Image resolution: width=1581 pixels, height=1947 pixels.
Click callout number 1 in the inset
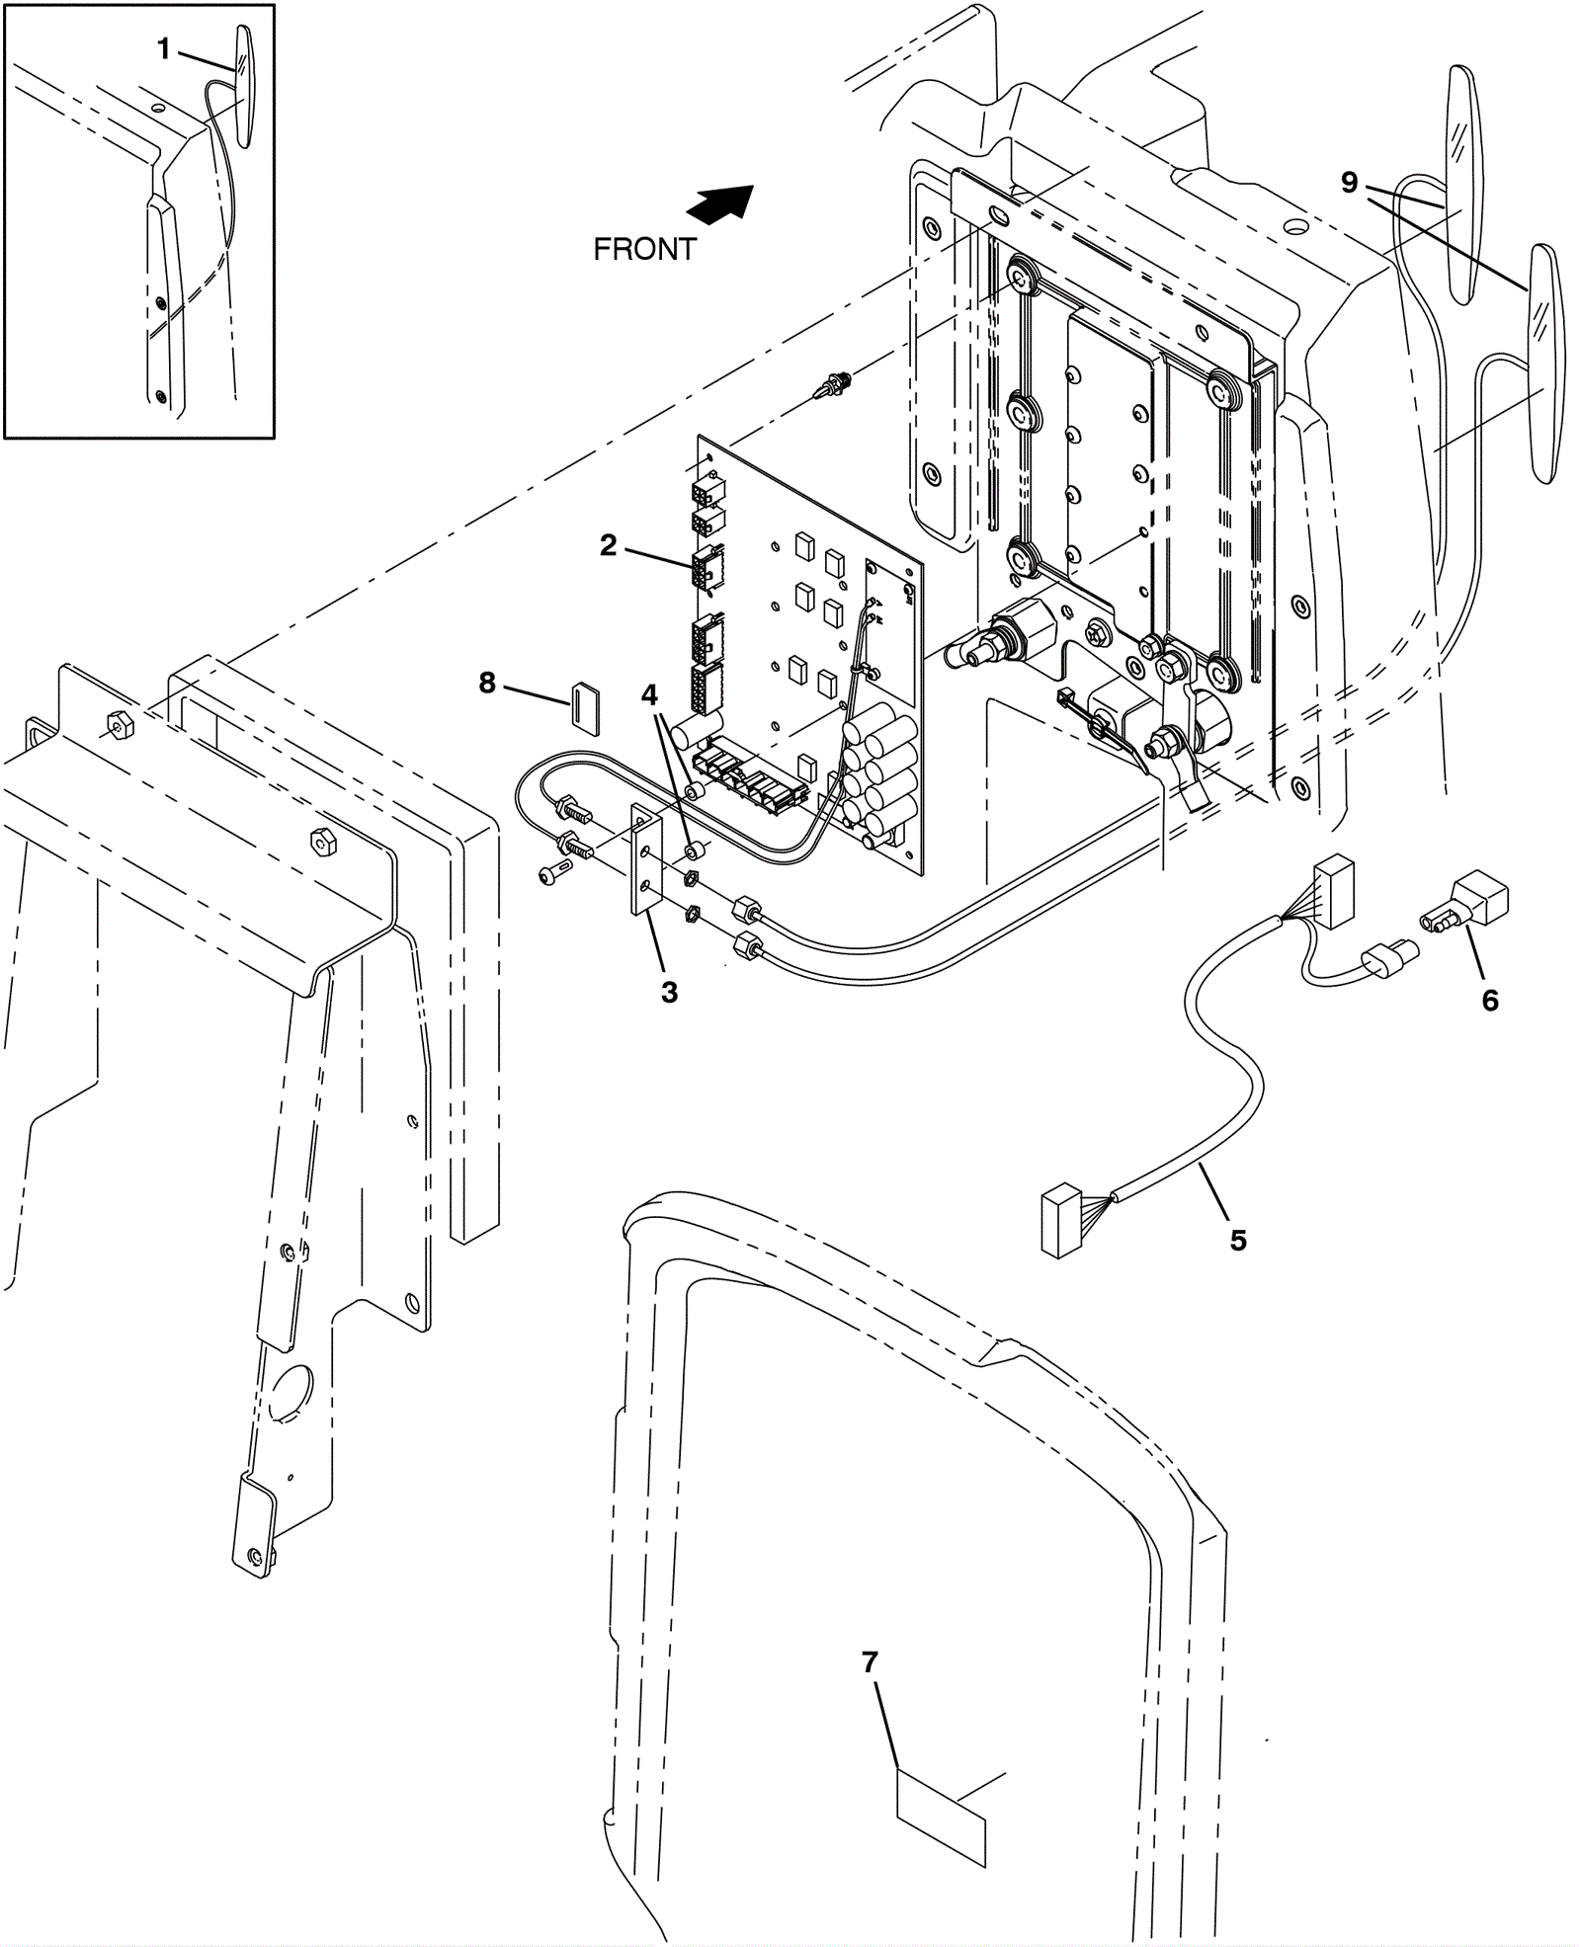(x=164, y=49)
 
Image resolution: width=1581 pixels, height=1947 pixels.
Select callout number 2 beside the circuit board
(x=608, y=545)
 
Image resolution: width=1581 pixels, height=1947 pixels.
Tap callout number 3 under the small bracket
(x=669, y=993)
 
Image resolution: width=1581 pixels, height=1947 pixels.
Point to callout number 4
(x=649, y=695)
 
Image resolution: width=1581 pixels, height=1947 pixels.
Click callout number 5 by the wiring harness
(x=1238, y=1240)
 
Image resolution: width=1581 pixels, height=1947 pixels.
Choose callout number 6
(x=1490, y=1001)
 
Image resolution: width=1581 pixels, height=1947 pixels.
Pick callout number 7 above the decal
(x=870, y=1663)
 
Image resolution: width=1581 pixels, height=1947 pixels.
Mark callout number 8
(x=487, y=683)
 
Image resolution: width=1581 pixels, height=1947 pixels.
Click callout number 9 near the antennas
(x=1350, y=183)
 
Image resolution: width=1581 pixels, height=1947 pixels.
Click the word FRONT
(x=644, y=250)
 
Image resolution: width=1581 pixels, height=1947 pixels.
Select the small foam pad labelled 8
(x=586, y=707)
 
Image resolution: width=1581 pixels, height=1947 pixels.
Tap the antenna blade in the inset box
(x=242, y=85)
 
